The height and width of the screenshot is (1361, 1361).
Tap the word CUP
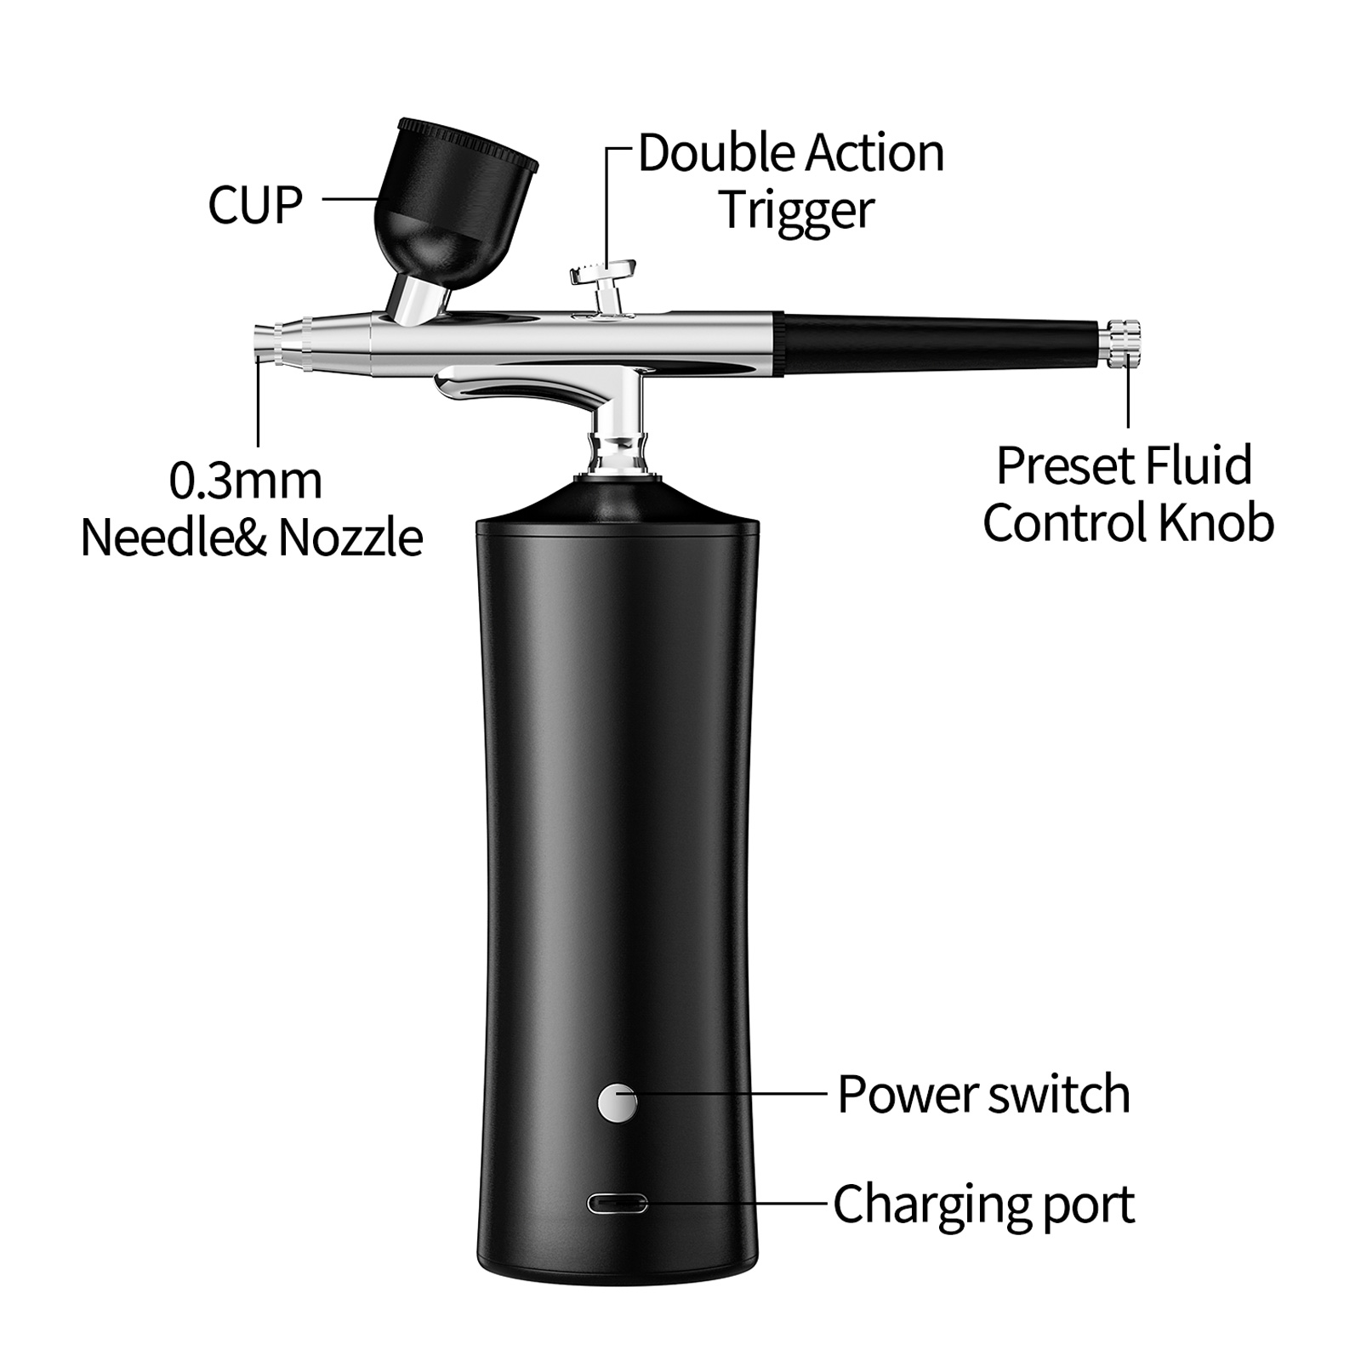click(255, 205)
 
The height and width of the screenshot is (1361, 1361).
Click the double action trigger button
click(604, 274)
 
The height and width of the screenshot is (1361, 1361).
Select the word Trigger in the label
click(797, 209)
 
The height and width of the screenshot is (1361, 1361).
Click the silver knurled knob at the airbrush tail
click(1123, 343)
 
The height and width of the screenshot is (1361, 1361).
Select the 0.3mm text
click(246, 481)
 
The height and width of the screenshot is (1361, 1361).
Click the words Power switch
click(983, 1094)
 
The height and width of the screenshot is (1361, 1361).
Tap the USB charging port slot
click(617, 1204)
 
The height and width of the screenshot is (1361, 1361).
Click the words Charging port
click(983, 1204)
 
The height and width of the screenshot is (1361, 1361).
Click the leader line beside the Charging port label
click(737, 1203)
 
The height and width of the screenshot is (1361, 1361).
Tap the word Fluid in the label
click(1199, 465)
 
